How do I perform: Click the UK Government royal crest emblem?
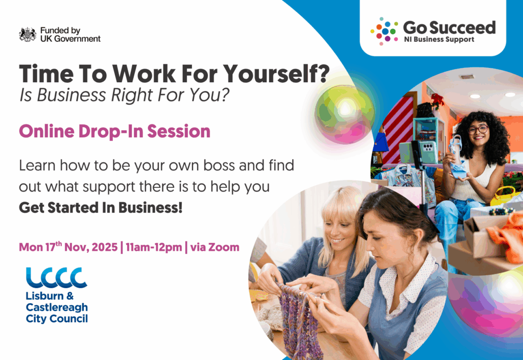(x=28, y=34)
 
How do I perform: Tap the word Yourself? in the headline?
(x=276, y=74)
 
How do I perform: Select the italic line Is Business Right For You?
(x=124, y=94)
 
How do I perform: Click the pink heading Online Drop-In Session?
(x=114, y=131)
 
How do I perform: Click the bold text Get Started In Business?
(x=101, y=207)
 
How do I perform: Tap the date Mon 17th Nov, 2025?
(x=68, y=247)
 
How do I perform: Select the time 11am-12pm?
(x=154, y=247)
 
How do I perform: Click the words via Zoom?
(x=215, y=247)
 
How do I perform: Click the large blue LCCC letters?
(x=56, y=277)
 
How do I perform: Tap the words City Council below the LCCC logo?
(x=57, y=319)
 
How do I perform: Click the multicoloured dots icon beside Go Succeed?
(x=384, y=31)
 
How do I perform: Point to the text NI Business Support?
(x=439, y=39)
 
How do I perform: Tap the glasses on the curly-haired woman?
(x=478, y=129)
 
